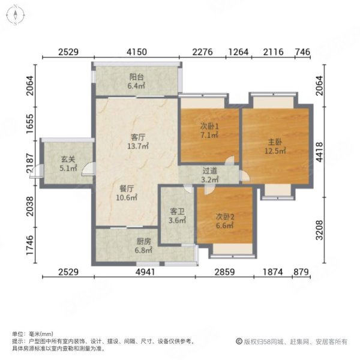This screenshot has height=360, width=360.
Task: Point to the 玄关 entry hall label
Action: click(x=68, y=160)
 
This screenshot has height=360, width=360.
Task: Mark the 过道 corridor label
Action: click(x=210, y=170)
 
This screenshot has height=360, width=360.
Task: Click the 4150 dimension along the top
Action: click(x=137, y=53)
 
